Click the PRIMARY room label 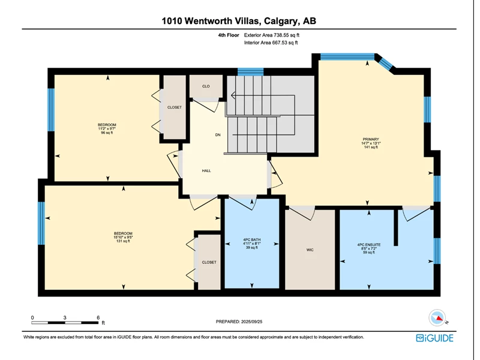tap(371, 139)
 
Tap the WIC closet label tap(310, 250)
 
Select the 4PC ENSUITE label tap(369, 245)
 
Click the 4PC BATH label tap(251, 239)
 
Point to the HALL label tap(206, 171)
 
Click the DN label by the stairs tap(218, 135)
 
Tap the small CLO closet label tap(206, 86)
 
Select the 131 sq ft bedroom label tap(123, 237)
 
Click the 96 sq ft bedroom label tap(107, 128)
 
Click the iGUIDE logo tap(434, 338)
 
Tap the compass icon tap(437, 318)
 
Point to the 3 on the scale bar tap(65, 318)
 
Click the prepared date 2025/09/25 tap(251, 322)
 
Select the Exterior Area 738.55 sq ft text tap(272, 35)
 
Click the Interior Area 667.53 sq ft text tap(271, 43)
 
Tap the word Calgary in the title tap(281, 21)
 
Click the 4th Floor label tap(229, 35)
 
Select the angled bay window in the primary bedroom tap(385, 64)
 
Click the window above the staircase tap(251, 71)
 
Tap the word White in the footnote tap(28, 337)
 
